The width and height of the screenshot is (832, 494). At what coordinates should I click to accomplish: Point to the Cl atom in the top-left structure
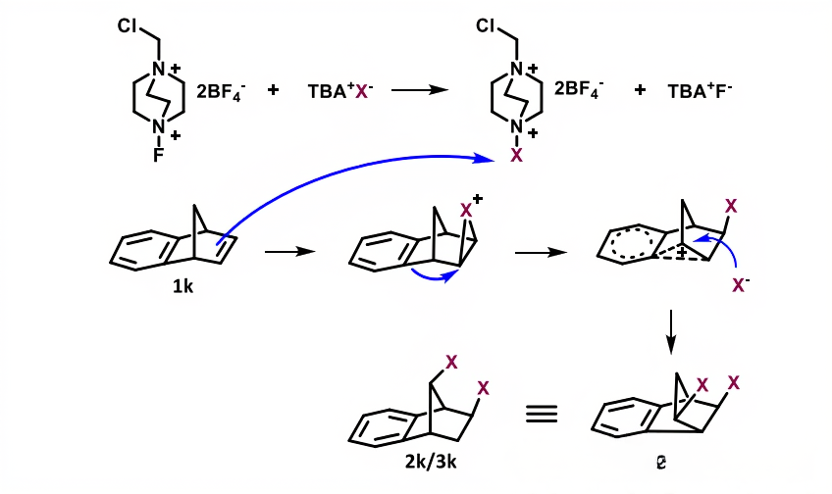pos(130,25)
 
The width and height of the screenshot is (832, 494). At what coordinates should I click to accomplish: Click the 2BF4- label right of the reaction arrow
pos(579,89)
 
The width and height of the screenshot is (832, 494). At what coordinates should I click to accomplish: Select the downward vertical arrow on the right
pos(671,332)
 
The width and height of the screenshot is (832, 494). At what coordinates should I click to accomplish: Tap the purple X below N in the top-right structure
pos(518,155)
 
